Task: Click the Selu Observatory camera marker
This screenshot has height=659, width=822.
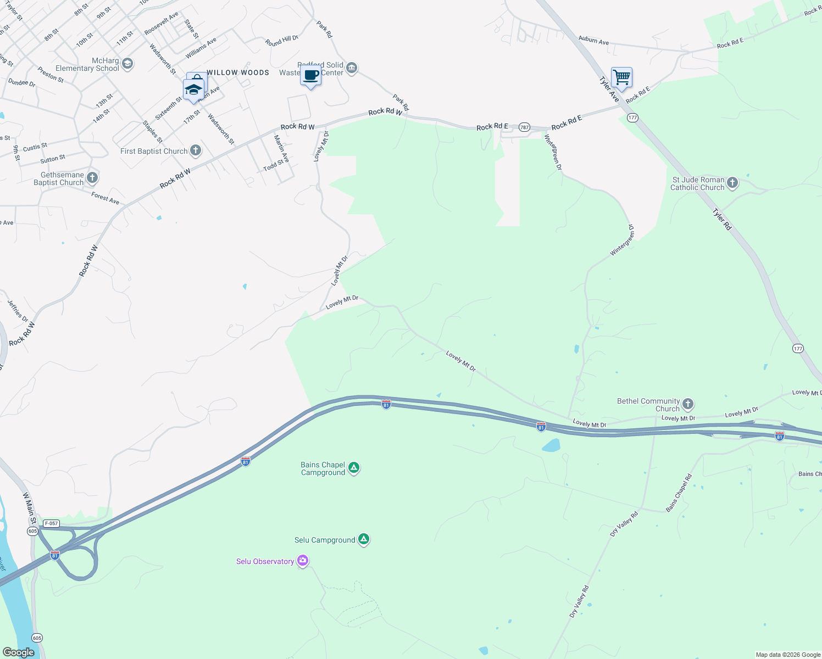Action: point(302,561)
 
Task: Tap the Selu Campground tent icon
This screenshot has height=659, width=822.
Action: point(363,539)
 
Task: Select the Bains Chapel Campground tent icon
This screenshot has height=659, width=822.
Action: point(354,468)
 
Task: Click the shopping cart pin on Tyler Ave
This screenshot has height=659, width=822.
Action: point(621,77)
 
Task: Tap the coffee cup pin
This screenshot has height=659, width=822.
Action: point(310,75)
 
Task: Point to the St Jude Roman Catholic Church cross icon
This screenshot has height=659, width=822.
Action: point(732,183)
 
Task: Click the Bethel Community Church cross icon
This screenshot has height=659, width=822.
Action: point(687,405)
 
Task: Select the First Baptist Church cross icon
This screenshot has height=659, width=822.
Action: point(195,150)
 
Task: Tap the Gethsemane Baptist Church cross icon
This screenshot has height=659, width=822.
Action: point(92,177)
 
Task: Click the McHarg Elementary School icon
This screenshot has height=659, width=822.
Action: point(127,64)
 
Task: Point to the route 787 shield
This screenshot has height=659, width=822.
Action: point(524,127)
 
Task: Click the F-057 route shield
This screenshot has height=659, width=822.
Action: point(51,523)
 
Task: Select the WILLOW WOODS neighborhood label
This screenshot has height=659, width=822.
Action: point(238,72)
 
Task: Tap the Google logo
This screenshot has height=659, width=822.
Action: point(18,652)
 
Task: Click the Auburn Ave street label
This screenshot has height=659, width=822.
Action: point(593,40)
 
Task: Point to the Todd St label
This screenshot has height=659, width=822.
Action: point(273,164)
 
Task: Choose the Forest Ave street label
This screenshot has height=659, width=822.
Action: point(105,198)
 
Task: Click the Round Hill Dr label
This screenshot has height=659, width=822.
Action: point(281,41)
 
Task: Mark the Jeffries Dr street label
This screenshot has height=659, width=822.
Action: point(18,311)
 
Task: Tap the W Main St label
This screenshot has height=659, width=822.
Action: point(29,507)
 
